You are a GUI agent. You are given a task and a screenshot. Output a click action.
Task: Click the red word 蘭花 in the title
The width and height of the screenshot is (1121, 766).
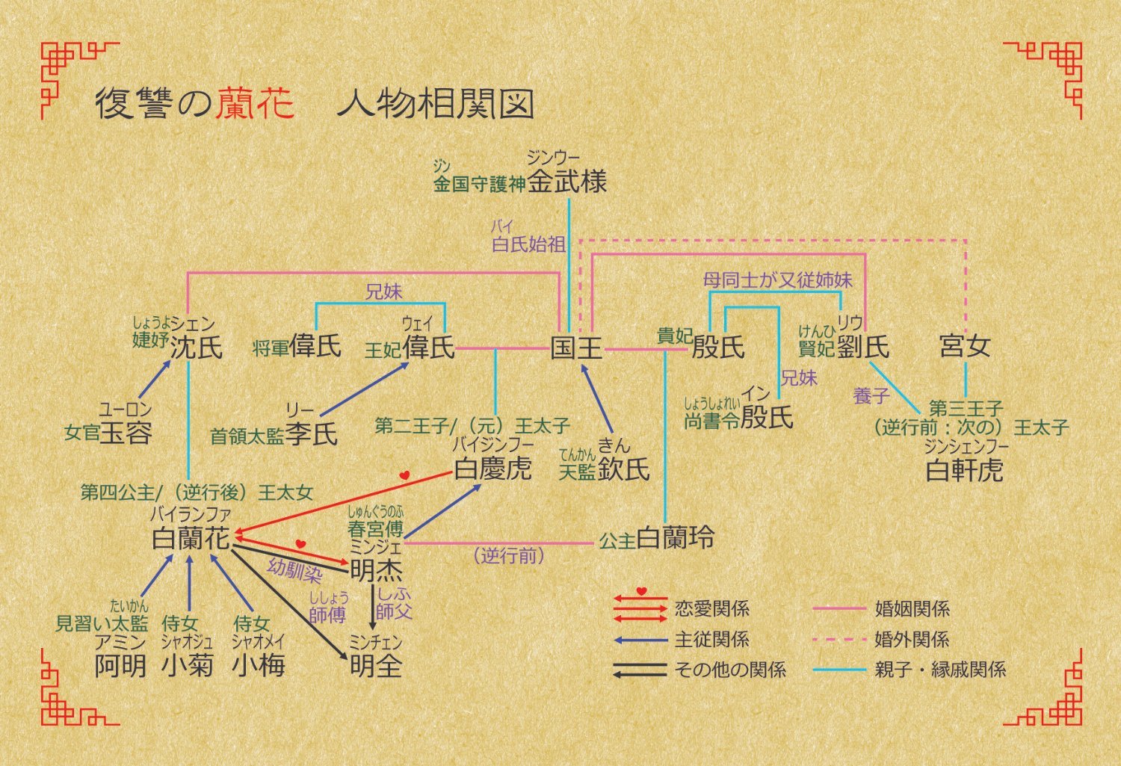pos(256,104)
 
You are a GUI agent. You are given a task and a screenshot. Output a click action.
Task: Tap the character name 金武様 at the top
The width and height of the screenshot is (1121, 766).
pos(567,182)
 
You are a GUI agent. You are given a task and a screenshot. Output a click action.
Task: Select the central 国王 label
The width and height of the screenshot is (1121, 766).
pos(576,348)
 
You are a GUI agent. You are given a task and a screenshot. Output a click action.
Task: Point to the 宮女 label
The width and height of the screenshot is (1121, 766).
pos(965,346)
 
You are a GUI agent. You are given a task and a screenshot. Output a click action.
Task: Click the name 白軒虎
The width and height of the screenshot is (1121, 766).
pos(964,470)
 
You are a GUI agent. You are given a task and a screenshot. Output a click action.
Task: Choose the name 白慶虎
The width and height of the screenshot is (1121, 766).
pos(493,469)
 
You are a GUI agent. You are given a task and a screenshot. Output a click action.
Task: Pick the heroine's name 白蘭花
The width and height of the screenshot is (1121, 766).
pos(191,538)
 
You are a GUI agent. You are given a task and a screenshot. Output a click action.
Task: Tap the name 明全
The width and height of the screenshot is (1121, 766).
pos(376,665)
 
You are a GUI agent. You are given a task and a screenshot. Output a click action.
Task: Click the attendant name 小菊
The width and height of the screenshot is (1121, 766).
pos(188,664)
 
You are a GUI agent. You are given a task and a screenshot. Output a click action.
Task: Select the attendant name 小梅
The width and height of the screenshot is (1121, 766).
pos(259,664)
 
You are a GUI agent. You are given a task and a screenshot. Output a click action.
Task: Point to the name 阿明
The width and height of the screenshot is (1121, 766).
pos(120,664)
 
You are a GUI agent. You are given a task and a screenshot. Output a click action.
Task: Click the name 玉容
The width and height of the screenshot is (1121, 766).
pos(126,433)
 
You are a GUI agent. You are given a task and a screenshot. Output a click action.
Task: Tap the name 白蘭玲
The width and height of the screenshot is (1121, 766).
pos(675,538)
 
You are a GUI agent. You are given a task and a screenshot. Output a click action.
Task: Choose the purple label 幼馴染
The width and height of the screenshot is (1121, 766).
pos(295,571)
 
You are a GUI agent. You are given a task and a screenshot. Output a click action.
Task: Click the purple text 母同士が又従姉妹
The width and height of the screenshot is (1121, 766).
pos(777,280)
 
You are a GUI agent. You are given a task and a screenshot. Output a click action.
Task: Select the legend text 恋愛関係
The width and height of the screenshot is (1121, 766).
pos(711,608)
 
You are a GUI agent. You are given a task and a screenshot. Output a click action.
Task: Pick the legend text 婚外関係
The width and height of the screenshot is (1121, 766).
pos(912,640)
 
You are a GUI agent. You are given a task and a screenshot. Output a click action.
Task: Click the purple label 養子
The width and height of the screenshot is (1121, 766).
pos(871,395)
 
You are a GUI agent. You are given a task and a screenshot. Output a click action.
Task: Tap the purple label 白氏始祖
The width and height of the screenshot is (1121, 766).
pos(528,244)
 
